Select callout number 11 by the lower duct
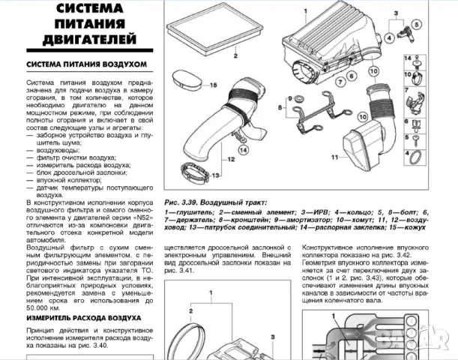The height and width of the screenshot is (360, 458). pyautogui.click(x=334, y=157)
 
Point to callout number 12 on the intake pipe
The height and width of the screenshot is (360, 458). pyautogui.click(x=232, y=159)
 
